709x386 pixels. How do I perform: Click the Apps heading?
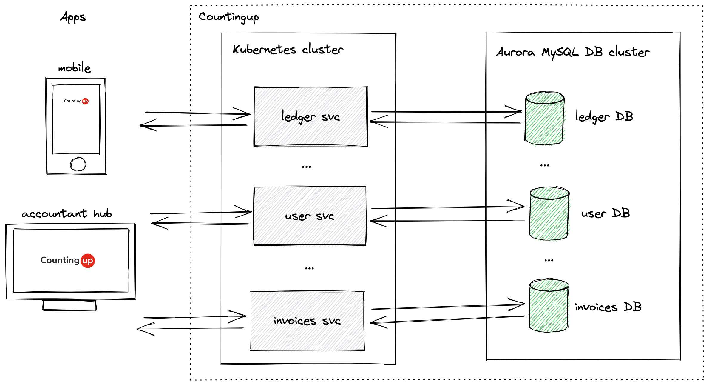pos(73,17)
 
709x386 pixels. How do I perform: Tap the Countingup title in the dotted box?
pos(229,17)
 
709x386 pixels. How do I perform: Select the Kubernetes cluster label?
pos(288,49)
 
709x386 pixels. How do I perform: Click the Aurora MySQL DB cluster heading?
pos(573,52)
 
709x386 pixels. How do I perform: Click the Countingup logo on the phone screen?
pos(76,101)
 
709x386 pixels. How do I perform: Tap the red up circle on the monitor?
pos(88,261)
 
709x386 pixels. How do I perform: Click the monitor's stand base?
pos(69,305)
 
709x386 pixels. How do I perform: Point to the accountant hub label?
pos(67,213)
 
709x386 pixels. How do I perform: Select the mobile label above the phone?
pos(74,68)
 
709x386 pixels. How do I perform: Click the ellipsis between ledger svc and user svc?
pos(306,167)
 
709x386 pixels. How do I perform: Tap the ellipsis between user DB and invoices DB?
pos(549,260)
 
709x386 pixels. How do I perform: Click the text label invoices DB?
pos(608,307)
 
